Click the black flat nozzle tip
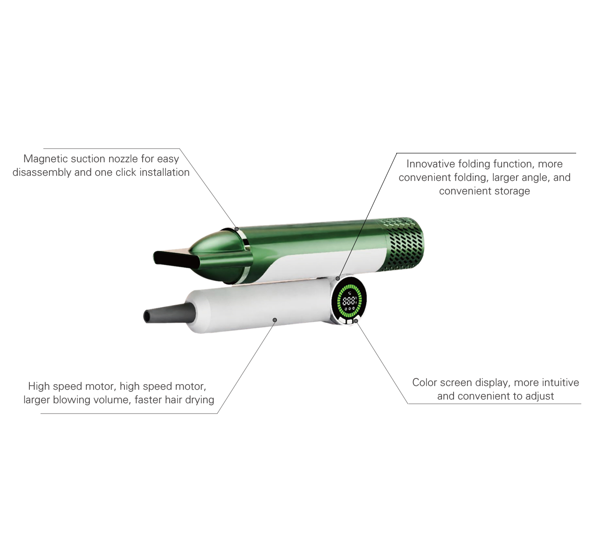pyautogui.click(x=175, y=259)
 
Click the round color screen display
pyautogui.click(x=349, y=301)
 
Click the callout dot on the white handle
pyautogui.click(x=275, y=320)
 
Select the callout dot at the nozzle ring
pyautogui.click(x=236, y=229)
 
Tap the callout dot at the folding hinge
pyautogui.click(x=338, y=278)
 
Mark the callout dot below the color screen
pyautogui.click(x=356, y=321)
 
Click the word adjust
pyautogui.click(x=539, y=396)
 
